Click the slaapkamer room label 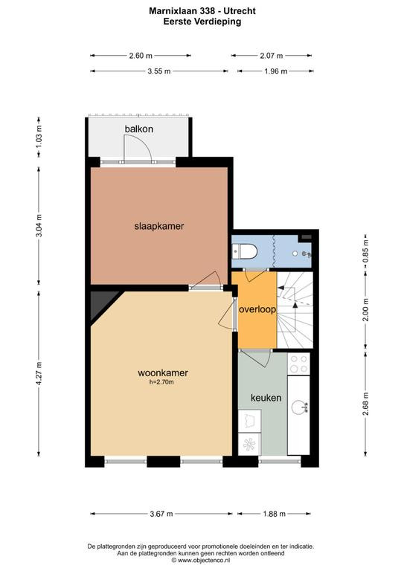tap(158, 226)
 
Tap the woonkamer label tap(163, 373)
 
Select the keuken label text tap(266, 398)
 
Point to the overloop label tap(257, 309)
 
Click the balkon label tap(139, 129)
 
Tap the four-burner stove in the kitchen tap(298, 364)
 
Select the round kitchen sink tap(299, 407)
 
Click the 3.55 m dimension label tap(159, 71)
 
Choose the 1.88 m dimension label tap(275, 514)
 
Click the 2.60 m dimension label tap(141, 56)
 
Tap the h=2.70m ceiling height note tap(161, 382)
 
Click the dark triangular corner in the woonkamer tap(102, 303)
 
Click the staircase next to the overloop tap(295, 309)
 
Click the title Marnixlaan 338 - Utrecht tap(202, 11)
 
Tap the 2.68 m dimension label tap(366, 404)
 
